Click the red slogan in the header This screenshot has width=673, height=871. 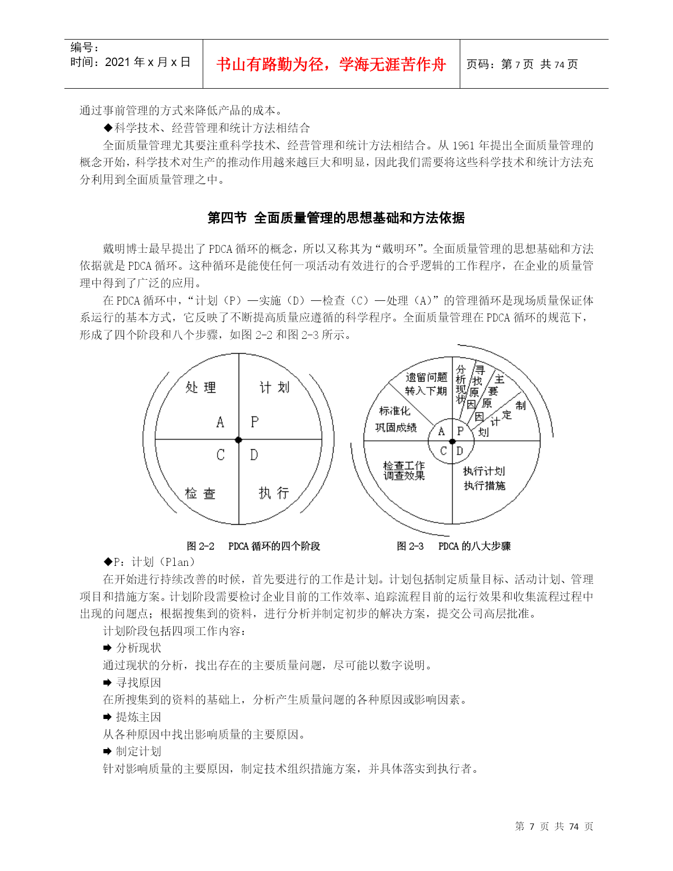pyautogui.click(x=331, y=64)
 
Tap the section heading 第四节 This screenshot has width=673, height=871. pyautogui.click(x=227, y=218)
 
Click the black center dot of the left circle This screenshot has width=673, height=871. pyautogui.click(x=239, y=440)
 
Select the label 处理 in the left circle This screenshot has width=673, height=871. pyautogui.click(x=201, y=387)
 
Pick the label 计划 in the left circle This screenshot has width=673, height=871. pyautogui.click(x=274, y=387)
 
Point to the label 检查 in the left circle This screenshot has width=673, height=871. pyautogui.click(x=200, y=494)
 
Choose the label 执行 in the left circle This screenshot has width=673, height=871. pyautogui.click(x=274, y=493)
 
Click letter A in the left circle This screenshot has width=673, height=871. pyautogui.click(x=220, y=422)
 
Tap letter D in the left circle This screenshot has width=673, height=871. pyautogui.click(x=254, y=455)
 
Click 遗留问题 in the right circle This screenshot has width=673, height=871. pyautogui.click(x=426, y=377)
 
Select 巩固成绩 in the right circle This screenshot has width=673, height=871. pyautogui.click(x=396, y=427)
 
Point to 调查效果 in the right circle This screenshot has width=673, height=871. pyautogui.click(x=404, y=476)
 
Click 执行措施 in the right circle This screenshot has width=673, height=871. pyautogui.click(x=485, y=486)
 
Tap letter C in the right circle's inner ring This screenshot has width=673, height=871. pyautogui.click(x=443, y=451)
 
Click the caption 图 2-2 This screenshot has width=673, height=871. pyautogui.click(x=201, y=546)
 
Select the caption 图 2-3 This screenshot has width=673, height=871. pyautogui.click(x=410, y=546)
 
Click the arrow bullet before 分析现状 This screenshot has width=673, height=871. pyautogui.click(x=107, y=648)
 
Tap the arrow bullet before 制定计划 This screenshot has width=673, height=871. pyautogui.click(x=107, y=751)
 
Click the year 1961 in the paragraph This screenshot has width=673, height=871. pyautogui.click(x=464, y=146)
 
